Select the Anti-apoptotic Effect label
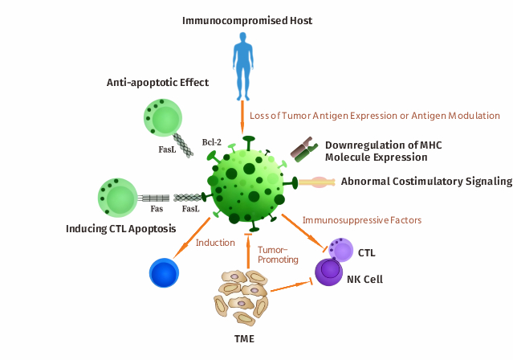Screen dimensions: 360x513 (x=157, y=83)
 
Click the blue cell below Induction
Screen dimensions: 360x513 (x=165, y=272)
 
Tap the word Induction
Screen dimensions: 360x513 (x=216, y=242)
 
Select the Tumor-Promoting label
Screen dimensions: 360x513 (x=278, y=254)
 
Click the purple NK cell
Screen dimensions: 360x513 (x=328, y=273)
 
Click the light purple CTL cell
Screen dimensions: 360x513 (x=341, y=251)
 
